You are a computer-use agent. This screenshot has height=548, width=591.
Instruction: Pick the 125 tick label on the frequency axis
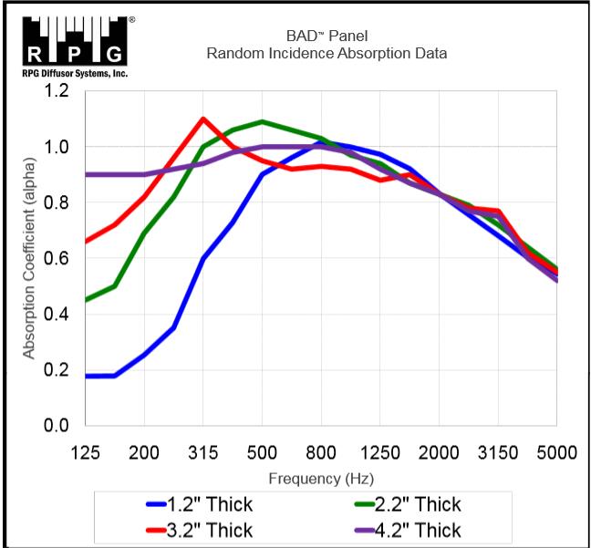[85, 451]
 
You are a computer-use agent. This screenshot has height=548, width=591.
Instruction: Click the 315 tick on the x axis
[202, 451]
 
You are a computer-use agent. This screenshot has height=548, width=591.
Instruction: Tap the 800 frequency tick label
[321, 451]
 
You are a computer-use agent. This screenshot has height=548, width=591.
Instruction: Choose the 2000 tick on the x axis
[440, 451]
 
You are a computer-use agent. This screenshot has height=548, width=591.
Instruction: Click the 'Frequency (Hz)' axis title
[321, 478]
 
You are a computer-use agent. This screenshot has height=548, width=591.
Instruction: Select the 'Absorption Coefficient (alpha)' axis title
[28, 258]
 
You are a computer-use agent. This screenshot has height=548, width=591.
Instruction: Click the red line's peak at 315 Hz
[202, 119]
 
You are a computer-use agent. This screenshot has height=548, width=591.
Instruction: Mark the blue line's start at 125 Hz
[86, 376]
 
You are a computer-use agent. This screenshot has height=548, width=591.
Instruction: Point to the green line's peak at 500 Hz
[262, 121]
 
